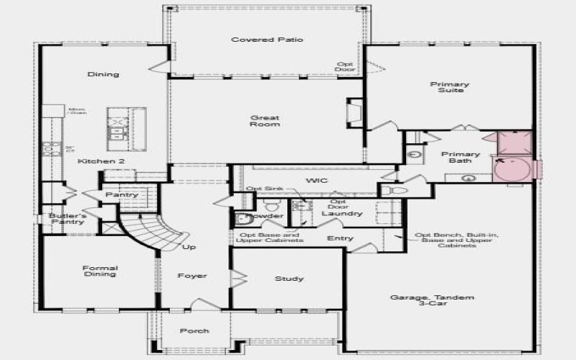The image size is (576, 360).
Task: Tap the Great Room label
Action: pos(265,121)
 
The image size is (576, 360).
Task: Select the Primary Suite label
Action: pos(439,87)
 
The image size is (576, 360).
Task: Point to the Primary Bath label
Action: pos(460,158)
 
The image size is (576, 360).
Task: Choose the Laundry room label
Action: pos(336,214)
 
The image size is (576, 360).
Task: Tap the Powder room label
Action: pos(264,215)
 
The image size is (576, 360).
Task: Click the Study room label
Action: pos(289,279)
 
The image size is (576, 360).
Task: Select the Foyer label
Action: pos(192,276)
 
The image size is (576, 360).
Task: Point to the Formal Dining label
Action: pos(99,272)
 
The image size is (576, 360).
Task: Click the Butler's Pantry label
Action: pos(68,219)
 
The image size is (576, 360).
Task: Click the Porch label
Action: pos(194,331)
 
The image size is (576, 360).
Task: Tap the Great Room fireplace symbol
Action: pos(354,113)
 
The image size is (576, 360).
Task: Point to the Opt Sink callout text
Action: pos(261,189)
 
